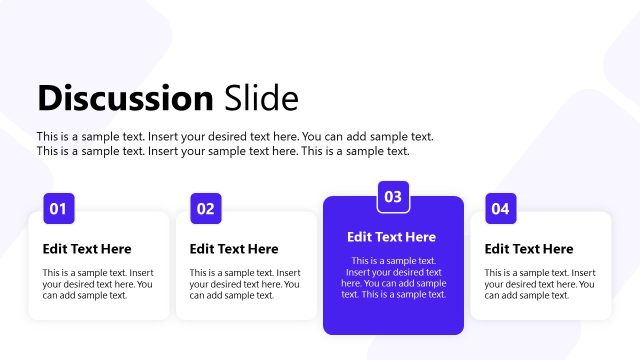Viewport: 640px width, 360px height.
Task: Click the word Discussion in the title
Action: tap(124, 98)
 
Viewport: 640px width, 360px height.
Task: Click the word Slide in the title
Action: tap(259, 98)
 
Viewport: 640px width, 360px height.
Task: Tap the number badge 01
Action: tap(58, 208)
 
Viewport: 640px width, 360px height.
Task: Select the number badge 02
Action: tap(205, 208)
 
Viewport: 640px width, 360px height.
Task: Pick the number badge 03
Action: tap(393, 196)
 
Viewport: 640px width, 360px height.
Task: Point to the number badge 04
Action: tap(500, 208)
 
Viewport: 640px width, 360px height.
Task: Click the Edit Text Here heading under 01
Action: tap(87, 249)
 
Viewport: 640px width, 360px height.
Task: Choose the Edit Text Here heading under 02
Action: tap(234, 249)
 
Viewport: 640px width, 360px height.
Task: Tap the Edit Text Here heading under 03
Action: tap(392, 237)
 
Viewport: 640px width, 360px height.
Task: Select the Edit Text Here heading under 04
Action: tap(529, 249)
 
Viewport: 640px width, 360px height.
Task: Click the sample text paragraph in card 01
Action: tap(97, 284)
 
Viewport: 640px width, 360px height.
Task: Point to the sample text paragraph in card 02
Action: tap(244, 284)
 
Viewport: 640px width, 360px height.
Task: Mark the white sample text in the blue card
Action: tap(393, 277)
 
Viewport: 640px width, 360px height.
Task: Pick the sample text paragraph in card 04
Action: tap(539, 284)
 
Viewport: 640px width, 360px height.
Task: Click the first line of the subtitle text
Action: tap(235, 136)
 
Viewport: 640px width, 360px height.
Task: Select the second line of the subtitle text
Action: tap(223, 151)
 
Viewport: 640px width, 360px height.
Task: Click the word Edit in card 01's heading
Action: tap(55, 249)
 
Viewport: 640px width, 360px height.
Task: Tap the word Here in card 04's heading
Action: tap(557, 249)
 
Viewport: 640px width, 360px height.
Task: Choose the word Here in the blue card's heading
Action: tap(420, 237)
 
